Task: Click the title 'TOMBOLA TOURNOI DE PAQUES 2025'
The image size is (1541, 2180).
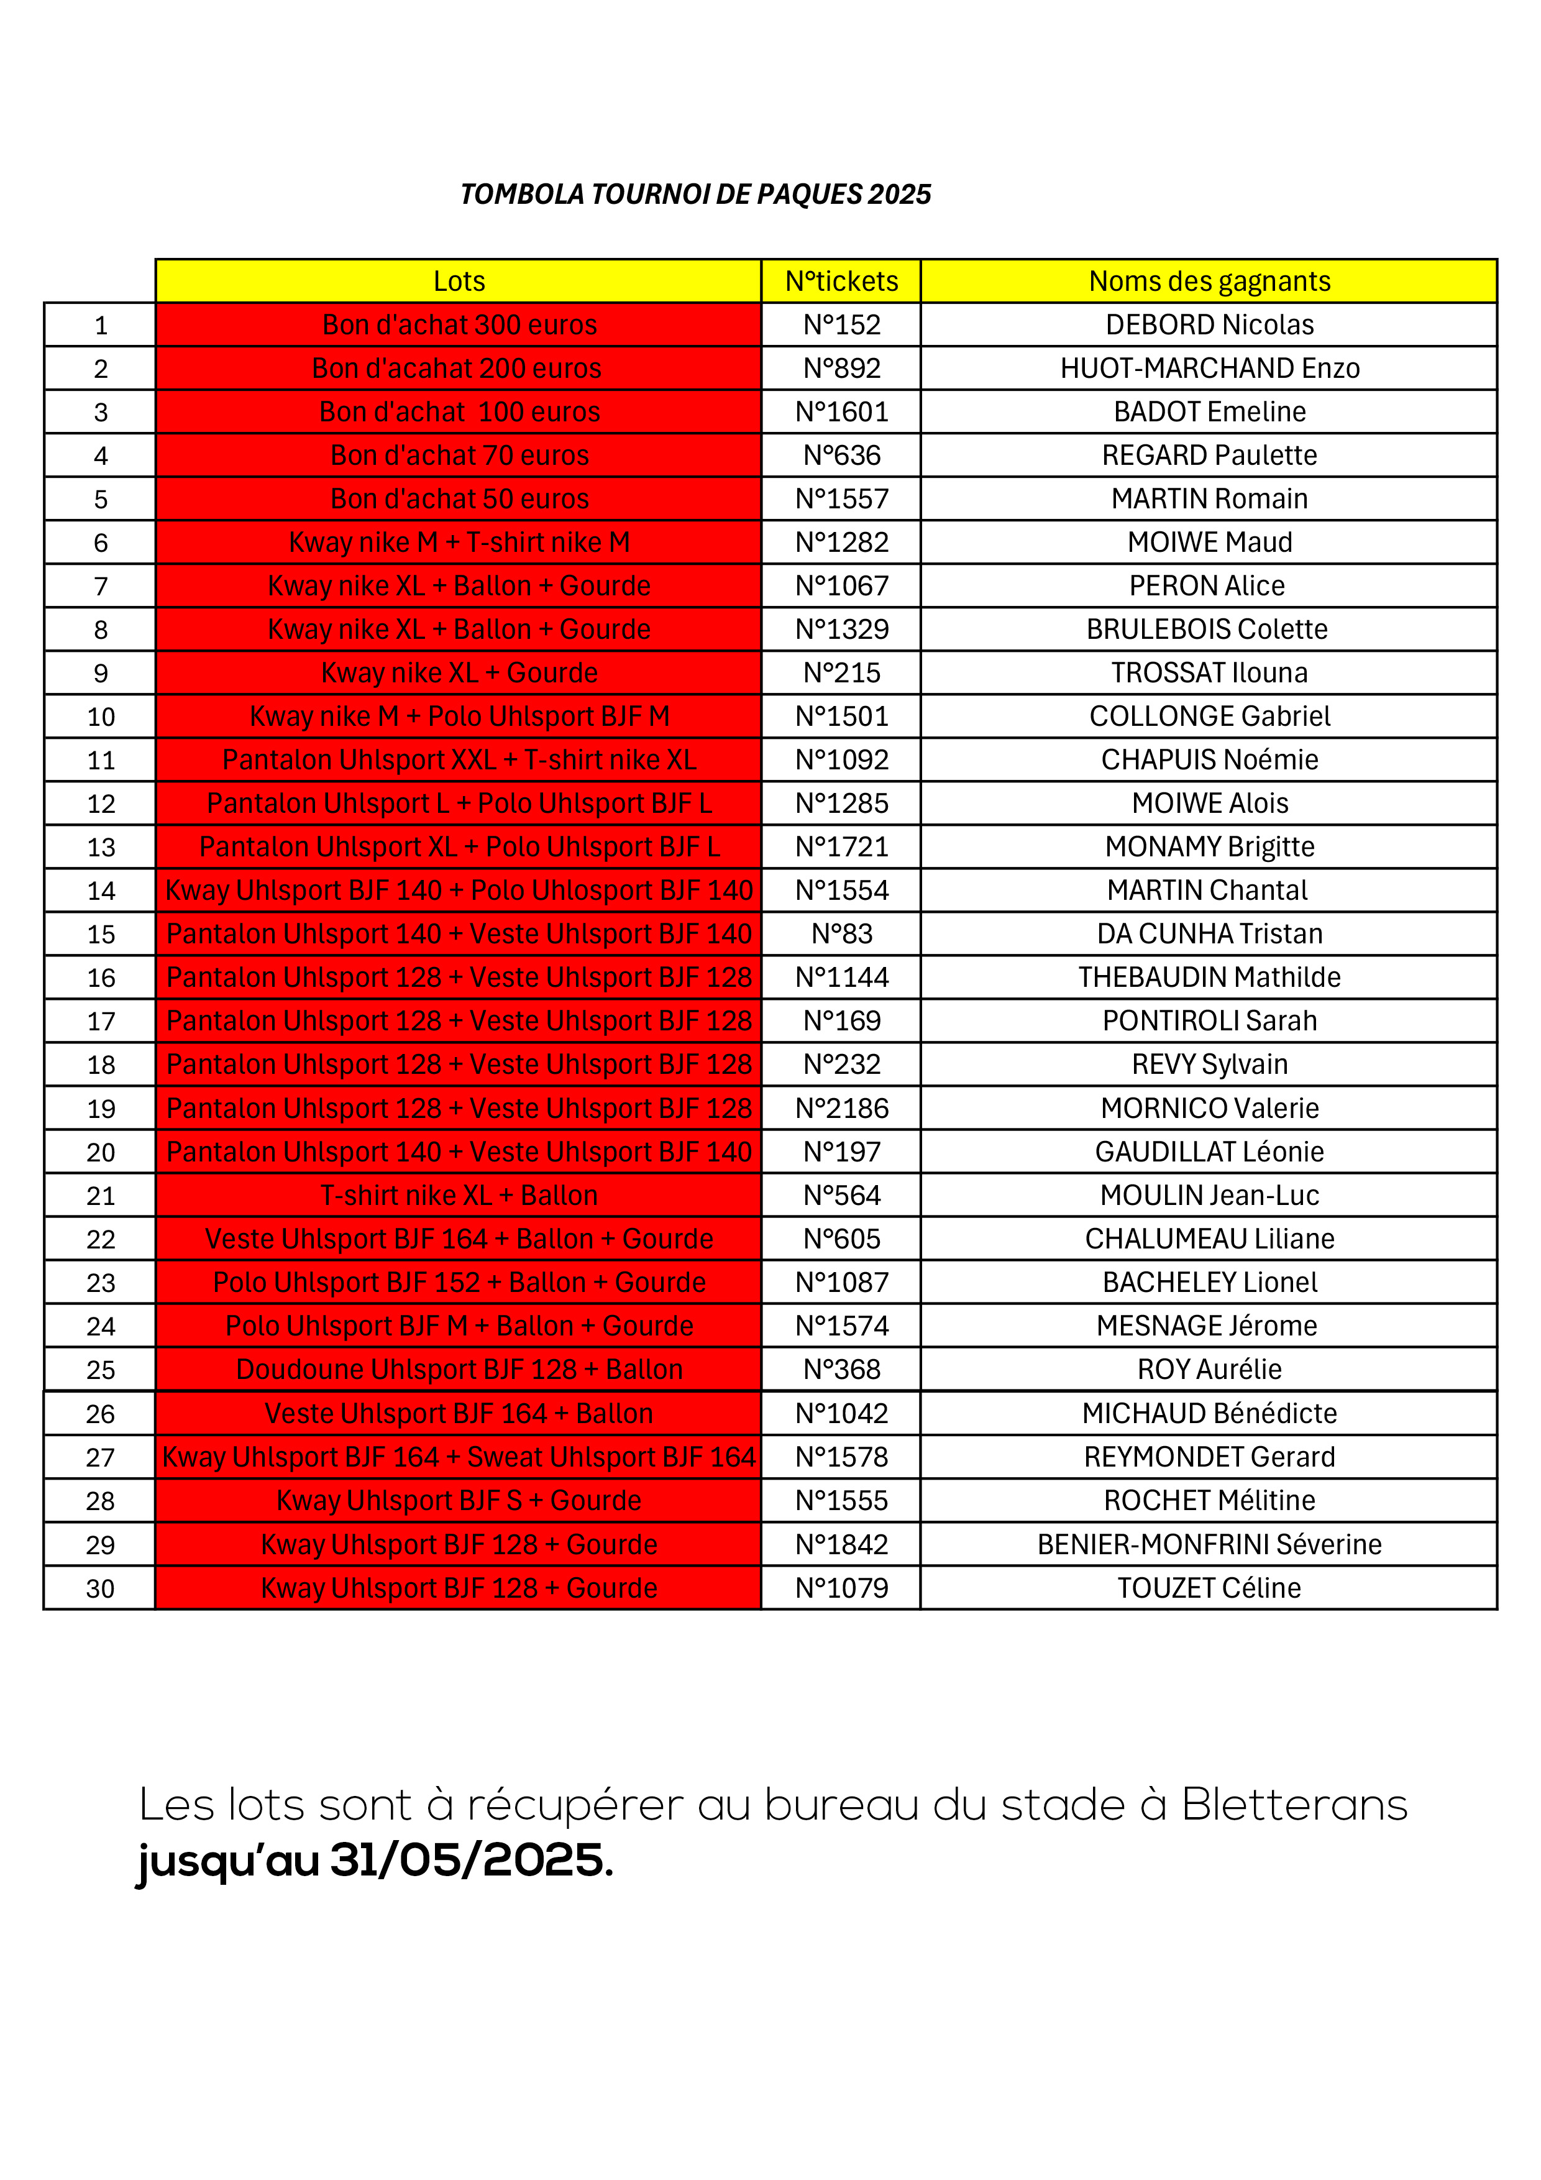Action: (695, 195)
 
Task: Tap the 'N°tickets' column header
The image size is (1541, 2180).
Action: (841, 281)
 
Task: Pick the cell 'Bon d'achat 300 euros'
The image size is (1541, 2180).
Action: (460, 325)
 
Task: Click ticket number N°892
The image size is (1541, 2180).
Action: (841, 369)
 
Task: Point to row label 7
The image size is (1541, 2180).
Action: (101, 587)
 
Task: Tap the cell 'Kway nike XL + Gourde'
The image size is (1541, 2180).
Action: (460, 673)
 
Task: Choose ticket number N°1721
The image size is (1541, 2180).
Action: (841, 847)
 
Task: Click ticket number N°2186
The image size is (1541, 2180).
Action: (841, 1108)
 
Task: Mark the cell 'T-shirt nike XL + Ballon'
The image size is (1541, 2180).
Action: (460, 1196)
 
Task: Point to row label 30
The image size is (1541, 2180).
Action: (101, 1588)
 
